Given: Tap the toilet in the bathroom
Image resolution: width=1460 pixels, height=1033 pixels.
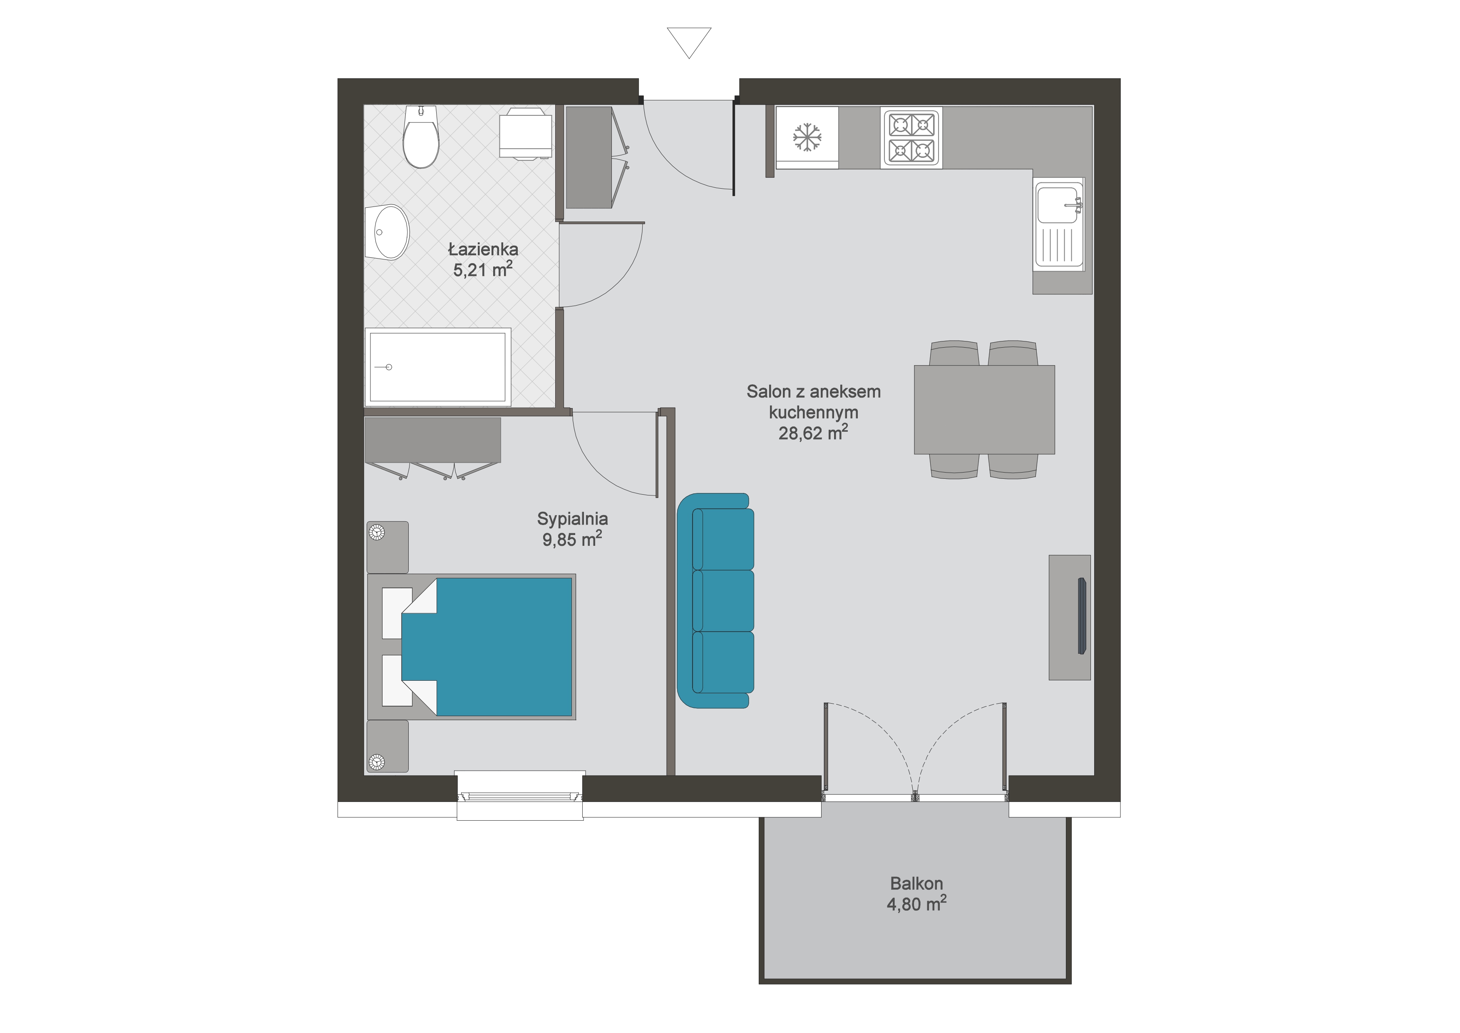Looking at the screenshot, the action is click(421, 136).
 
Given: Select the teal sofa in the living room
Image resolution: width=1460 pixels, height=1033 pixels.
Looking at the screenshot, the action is click(715, 600).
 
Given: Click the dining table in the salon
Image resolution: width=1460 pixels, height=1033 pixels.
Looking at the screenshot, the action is click(984, 410).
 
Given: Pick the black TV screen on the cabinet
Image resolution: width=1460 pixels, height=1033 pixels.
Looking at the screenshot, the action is click(1082, 616).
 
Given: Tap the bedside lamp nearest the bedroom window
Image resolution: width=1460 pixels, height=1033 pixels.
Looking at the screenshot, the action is click(377, 762).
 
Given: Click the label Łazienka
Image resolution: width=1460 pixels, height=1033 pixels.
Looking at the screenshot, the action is click(483, 249).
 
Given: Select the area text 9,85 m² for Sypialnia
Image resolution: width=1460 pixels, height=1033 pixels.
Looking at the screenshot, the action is click(572, 539).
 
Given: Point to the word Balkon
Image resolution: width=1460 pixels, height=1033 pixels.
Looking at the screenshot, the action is click(916, 884).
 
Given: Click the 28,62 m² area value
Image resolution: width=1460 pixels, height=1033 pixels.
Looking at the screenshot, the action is click(813, 433).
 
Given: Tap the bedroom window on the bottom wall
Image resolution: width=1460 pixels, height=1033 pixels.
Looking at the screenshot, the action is click(519, 795).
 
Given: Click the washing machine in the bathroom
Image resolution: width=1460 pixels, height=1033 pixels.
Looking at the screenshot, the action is click(525, 133).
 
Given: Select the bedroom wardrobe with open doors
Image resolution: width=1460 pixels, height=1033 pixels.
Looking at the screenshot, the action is click(432, 448).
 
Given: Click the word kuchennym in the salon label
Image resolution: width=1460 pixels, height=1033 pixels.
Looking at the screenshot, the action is click(813, 412).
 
